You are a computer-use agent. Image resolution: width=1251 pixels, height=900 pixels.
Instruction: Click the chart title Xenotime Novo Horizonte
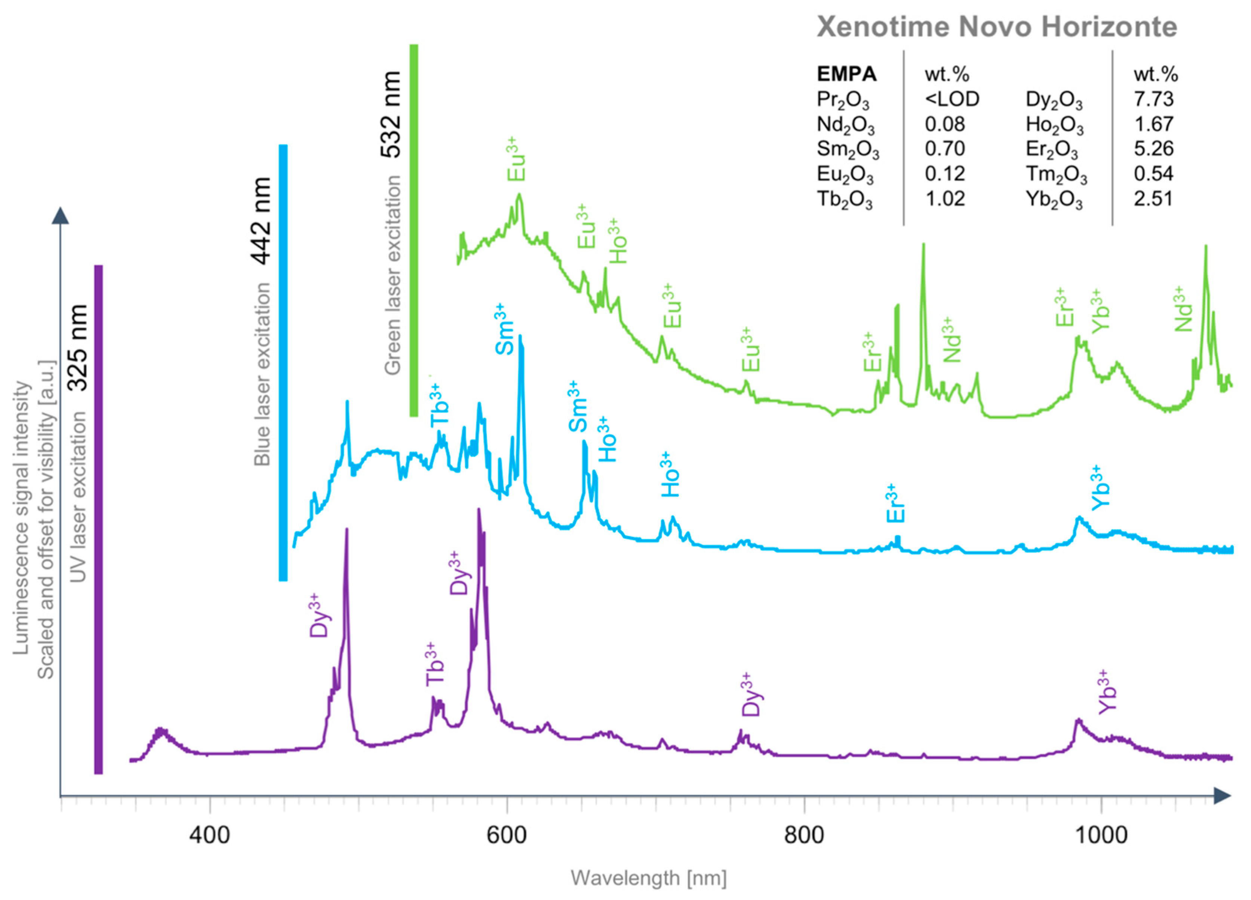[997, 27]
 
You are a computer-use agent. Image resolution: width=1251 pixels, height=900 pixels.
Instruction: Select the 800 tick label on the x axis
[804, 834]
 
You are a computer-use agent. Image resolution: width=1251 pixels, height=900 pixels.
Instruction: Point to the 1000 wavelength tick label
[1101, 834]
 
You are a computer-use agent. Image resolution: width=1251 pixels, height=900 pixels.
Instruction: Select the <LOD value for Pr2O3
[952, 99]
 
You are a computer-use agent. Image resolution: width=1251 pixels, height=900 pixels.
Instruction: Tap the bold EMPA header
[846, 74]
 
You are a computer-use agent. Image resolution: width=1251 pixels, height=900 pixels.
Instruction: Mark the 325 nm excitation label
[77, 348]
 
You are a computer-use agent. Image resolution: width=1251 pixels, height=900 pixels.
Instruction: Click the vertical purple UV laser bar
[98, 519]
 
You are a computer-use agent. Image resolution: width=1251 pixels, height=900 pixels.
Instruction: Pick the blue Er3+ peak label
[895, 503]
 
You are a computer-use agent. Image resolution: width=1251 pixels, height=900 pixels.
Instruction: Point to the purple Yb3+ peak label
[1106, 692]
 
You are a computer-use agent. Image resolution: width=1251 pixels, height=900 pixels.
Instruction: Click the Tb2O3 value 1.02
[945, 198]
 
